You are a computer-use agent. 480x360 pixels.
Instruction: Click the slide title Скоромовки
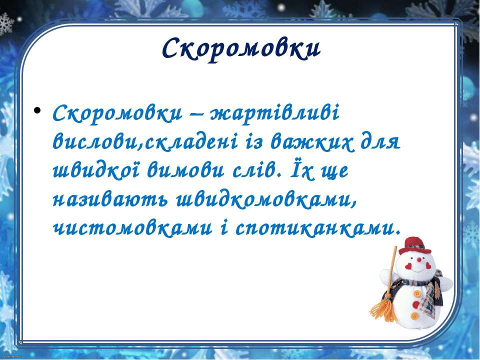pyautogui.click(x=241, y=49)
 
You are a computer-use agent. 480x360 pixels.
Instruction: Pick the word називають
pyautogui.click(x=110, y=201)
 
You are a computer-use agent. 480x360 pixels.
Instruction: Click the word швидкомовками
pyautogui.click(x=266, y=200)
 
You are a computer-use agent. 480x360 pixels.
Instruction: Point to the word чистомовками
pyautogui.click(x=132, y=228)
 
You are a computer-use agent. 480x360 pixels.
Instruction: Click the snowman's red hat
pyautogui.click(x=415, y=245)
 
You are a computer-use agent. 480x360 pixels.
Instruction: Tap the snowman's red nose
pyautogui.click(x=419, y=259)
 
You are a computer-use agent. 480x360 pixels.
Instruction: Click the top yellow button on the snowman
pyautogui.click(x=417, y=293)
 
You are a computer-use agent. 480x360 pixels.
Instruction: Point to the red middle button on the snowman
pyautogui.click(x=415, y=304)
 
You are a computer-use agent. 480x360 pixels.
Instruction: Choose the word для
pyautogui.click(x=380, y=142)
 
